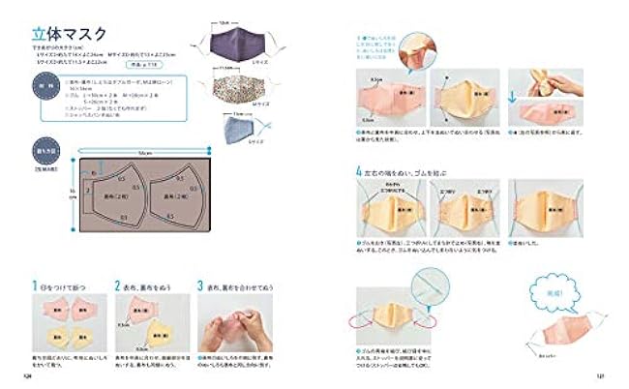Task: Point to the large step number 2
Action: [x=116, y=286]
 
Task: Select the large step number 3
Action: [x=199, y=286]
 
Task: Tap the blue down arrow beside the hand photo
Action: [x=538, y=75]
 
